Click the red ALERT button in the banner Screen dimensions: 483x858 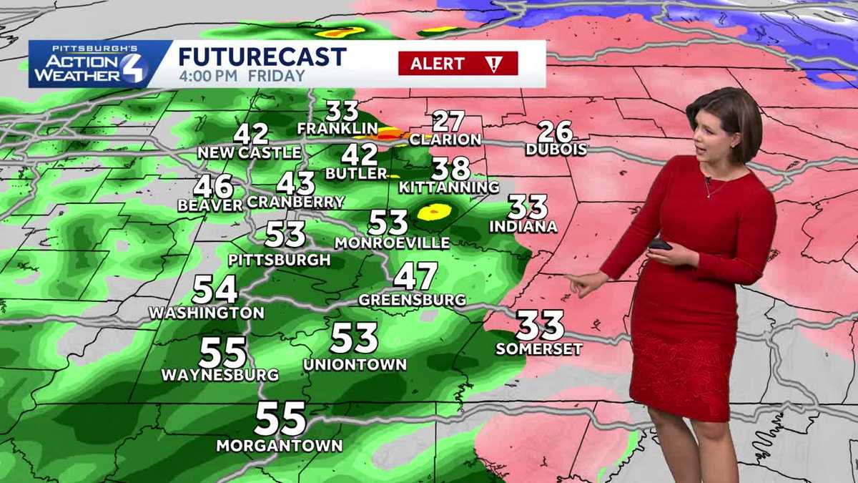458,64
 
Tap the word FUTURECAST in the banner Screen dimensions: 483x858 262,57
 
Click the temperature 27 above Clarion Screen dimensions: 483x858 448,122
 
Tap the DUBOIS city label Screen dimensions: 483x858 556,150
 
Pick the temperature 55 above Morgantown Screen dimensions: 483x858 280,419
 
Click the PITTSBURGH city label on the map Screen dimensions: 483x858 280,259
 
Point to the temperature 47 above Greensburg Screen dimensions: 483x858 415,275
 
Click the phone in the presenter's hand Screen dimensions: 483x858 659,245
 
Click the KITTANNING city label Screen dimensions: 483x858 448,187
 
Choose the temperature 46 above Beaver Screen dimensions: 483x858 214,186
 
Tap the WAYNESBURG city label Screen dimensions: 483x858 220,375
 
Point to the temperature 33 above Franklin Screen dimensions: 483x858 342,111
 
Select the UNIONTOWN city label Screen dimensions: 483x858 355,364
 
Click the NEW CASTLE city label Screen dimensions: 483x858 250,152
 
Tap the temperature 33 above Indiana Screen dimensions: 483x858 528,207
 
